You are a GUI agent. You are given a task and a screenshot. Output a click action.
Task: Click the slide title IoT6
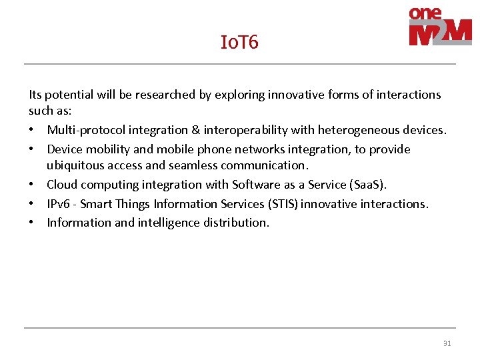(239, 43)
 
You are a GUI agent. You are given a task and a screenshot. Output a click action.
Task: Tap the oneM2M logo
(440, 27)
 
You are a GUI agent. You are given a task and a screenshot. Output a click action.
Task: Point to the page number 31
(447, 344)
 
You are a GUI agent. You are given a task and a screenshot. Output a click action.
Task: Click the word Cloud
(61, 185)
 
